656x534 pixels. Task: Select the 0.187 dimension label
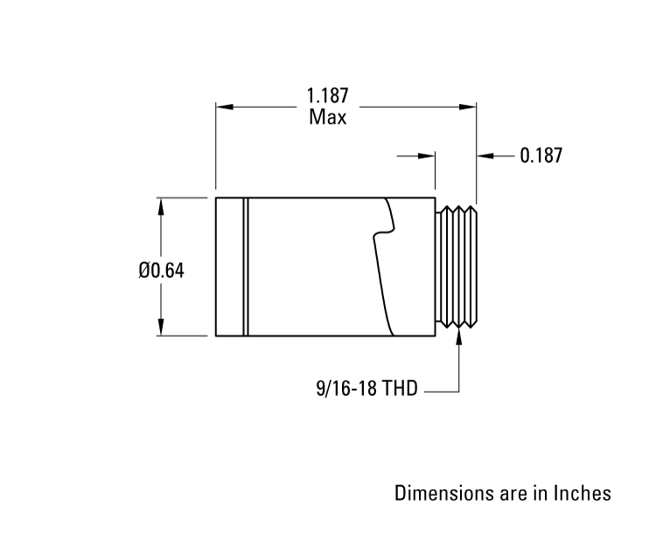(541, 156)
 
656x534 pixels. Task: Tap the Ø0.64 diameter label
(161, 270)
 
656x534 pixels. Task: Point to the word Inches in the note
(583, 494)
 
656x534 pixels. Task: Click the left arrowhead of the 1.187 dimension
(224, 107)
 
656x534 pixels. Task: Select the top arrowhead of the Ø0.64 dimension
(160, 205)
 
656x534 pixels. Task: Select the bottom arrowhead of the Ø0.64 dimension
(160, 329)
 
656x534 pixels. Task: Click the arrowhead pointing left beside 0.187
(485, 156)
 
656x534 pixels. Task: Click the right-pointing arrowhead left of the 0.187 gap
(428, 156)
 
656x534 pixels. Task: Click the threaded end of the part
(457, 267)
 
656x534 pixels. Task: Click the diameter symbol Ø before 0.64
(145, 270)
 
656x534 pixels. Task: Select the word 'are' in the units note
(512, 494)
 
